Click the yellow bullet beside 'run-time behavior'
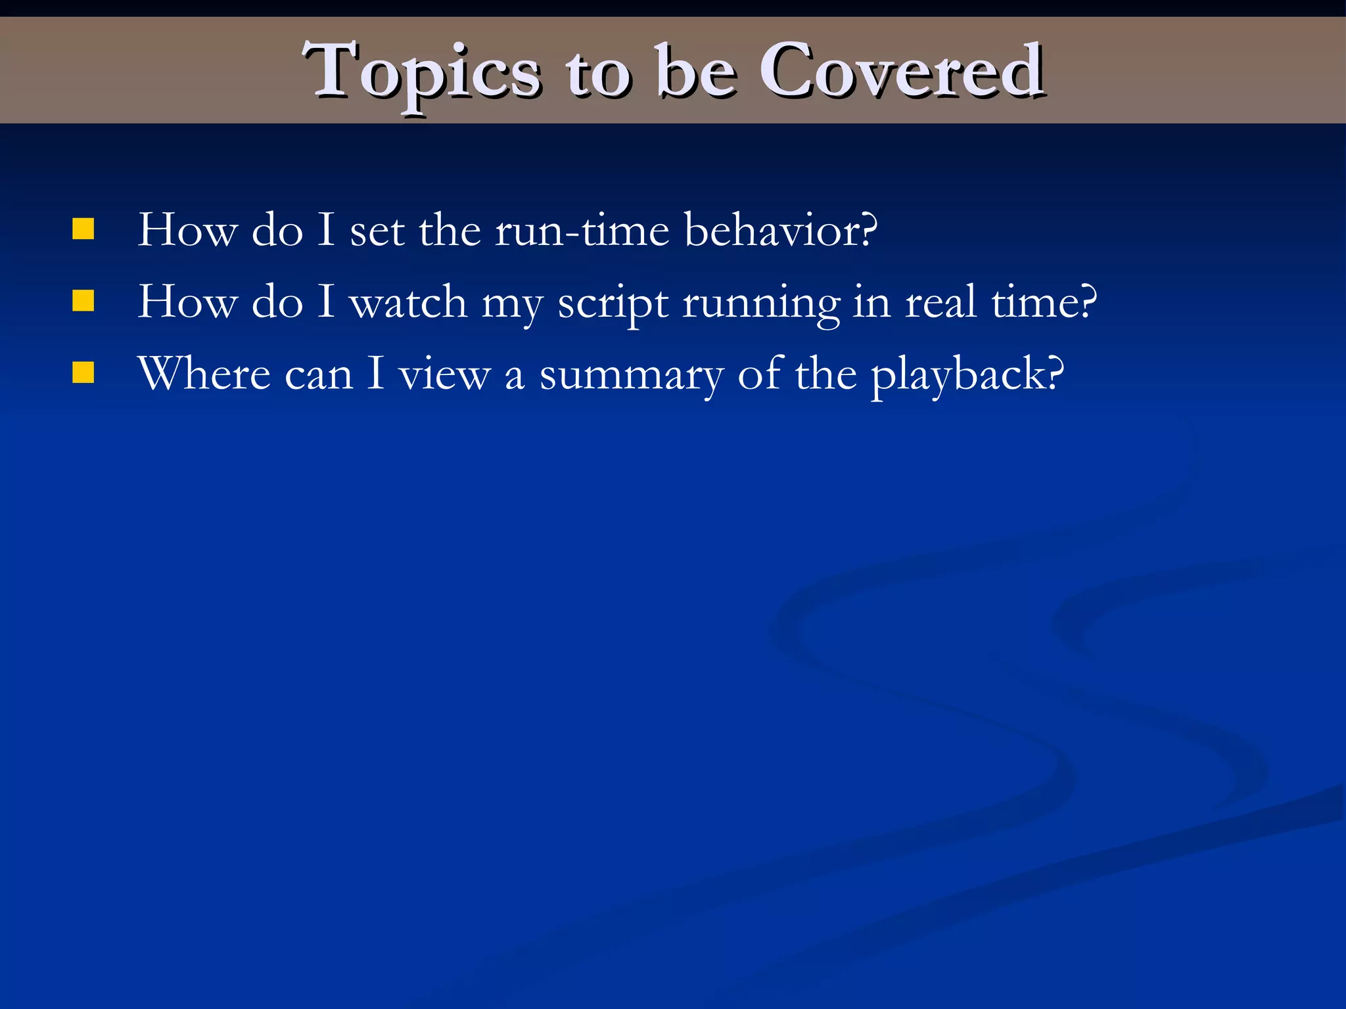[83, 229]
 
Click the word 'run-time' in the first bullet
[582, 231]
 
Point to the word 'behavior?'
[781, 231]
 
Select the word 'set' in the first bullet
[377, 232]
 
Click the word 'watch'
[408, 303]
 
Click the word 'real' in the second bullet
[940, 303]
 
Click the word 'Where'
[204, 374]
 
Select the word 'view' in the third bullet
[445, 375]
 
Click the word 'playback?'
[967, 375]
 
